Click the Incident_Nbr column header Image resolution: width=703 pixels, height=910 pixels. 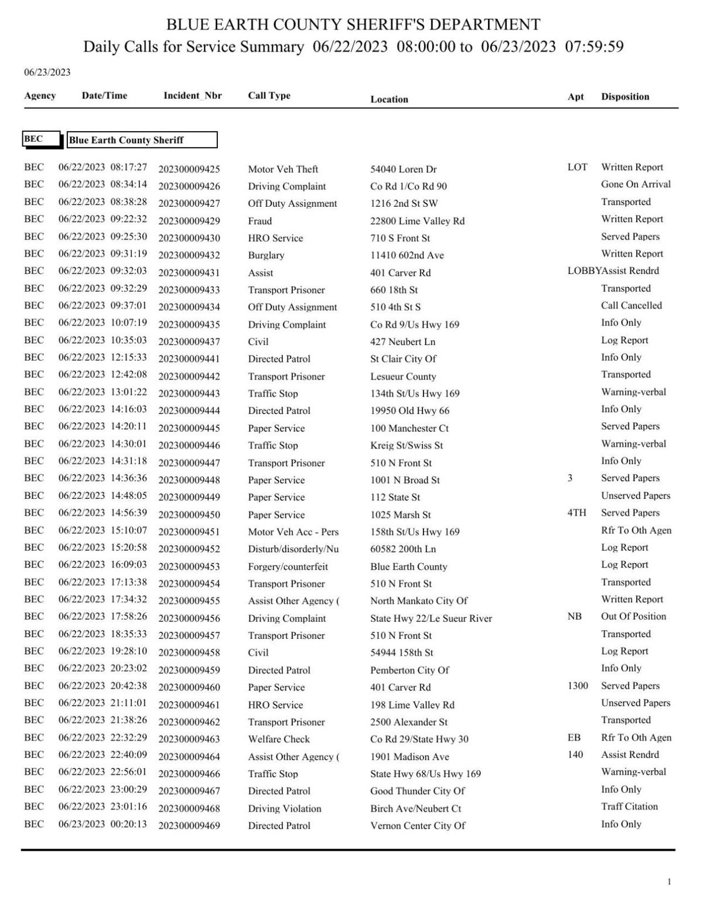point(192,96)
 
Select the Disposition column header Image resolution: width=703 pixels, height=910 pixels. point(624,97)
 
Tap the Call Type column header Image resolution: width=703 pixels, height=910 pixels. point(269,96)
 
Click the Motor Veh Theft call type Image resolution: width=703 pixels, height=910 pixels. point(283,169)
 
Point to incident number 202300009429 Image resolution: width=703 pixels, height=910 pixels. point(189,221)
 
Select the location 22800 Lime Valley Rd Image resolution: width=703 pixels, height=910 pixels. point(417,221)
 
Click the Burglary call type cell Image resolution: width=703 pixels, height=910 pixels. point(266,255)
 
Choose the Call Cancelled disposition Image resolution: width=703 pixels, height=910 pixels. point(631,306)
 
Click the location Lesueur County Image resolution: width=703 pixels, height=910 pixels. point(403,377)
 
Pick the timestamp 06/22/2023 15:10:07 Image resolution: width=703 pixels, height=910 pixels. point(103,531)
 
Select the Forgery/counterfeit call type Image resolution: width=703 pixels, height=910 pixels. point(288,567)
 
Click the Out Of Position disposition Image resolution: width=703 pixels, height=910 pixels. point(633,617)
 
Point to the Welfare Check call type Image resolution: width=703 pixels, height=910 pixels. point(279,740)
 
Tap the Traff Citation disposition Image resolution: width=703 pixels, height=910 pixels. point(629,807)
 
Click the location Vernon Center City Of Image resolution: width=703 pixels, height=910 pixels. point(418,826)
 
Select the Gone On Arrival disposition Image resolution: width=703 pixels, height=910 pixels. point(636,184)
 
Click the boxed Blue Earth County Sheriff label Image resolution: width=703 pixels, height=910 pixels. point(142,140)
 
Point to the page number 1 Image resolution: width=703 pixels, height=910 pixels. point(669,882)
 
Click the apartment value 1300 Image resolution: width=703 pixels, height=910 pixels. point(578,686)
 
